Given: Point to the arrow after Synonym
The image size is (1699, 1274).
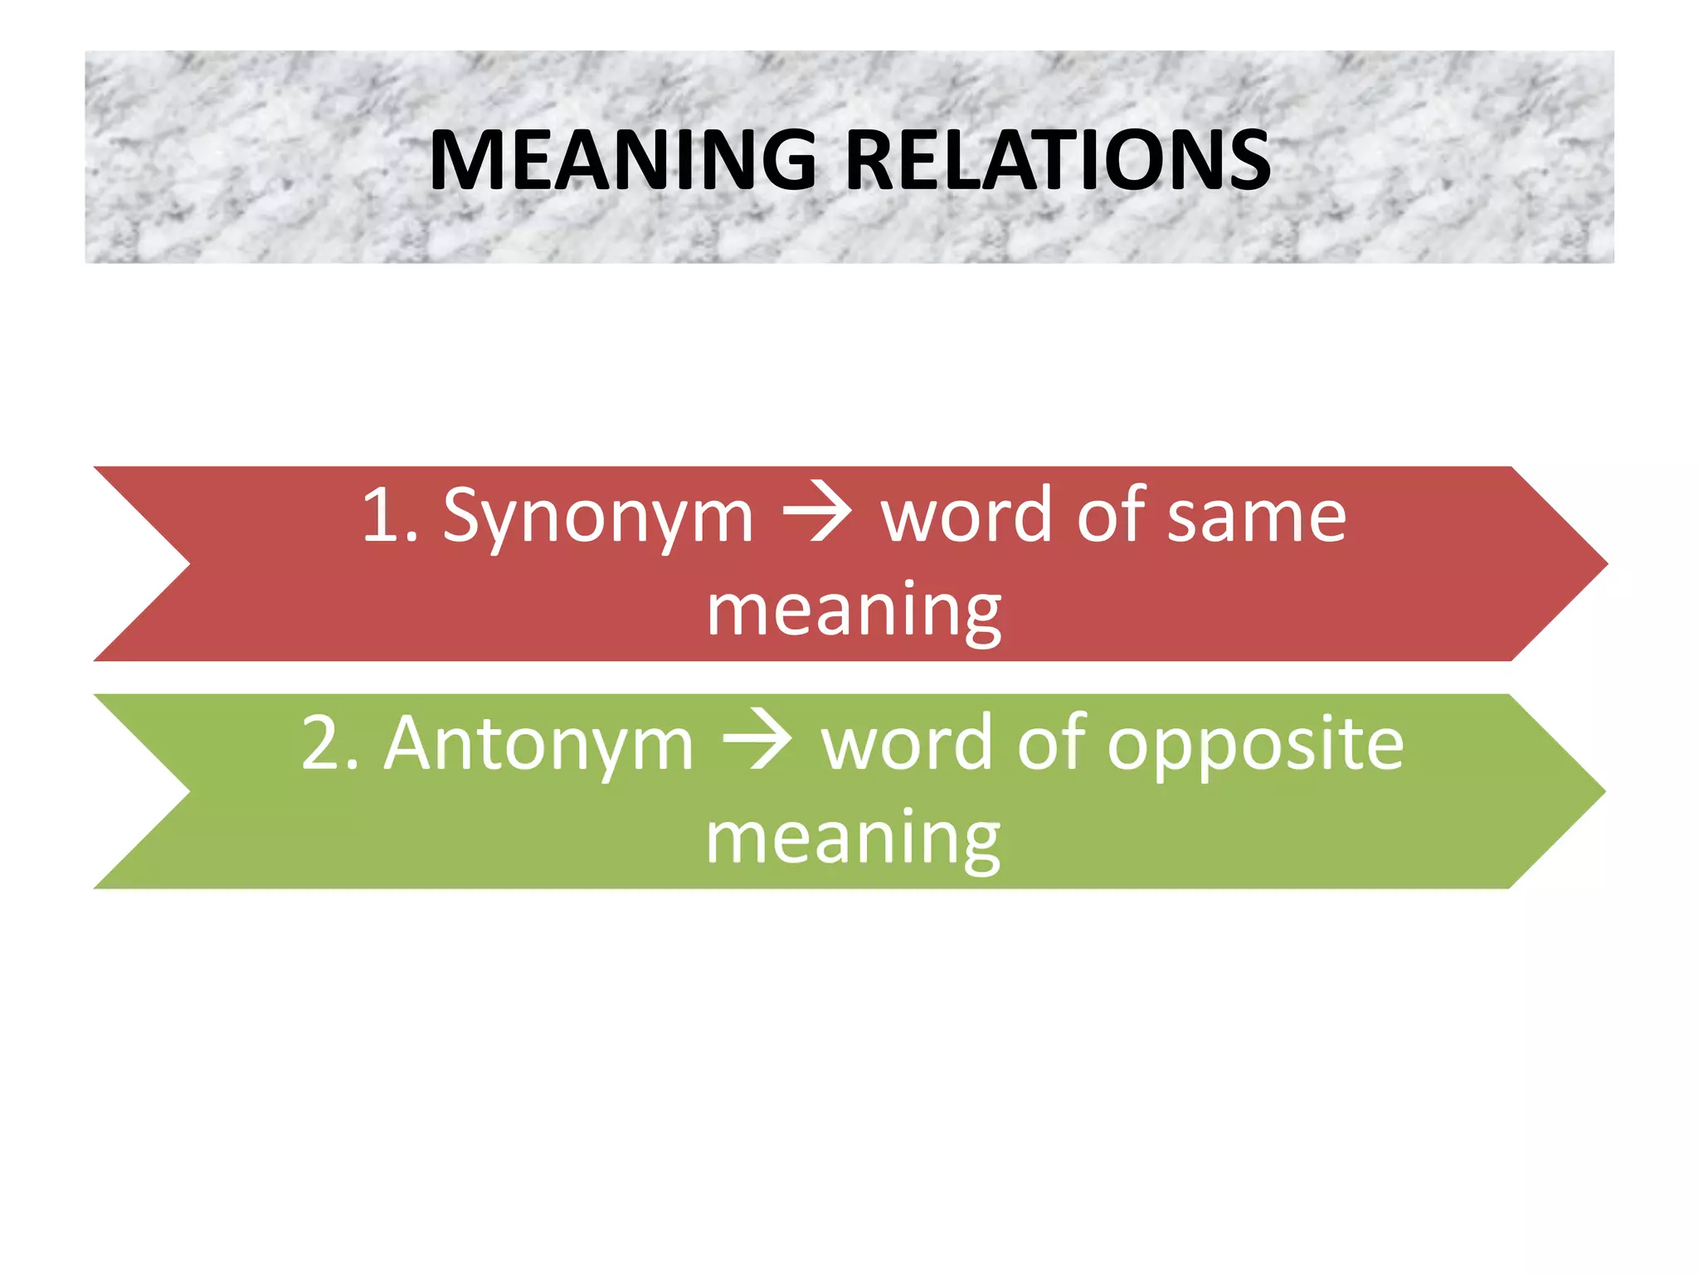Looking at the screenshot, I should click(x=817, y=514).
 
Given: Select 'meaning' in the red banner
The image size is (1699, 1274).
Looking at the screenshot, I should click(x=854, y=612).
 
